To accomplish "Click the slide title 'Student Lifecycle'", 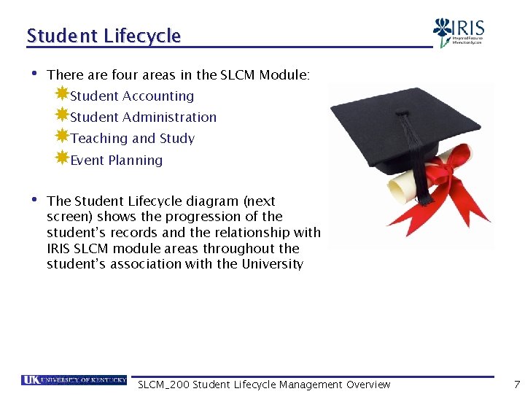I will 104,36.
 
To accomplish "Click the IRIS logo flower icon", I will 443,31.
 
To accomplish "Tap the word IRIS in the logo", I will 468,28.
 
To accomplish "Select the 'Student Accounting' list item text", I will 132,96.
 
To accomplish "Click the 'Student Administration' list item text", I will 143,117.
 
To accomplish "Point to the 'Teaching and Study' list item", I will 132,139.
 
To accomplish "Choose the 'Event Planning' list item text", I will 116,161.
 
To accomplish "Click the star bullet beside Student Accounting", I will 62,93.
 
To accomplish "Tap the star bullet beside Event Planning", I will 62,158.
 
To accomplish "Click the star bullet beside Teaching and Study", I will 62,136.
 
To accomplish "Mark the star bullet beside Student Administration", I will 62,115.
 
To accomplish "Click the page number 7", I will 517,385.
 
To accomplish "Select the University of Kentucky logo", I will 74,380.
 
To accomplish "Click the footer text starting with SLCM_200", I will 264,385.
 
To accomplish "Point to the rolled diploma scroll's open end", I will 398,189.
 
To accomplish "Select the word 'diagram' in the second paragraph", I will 217,201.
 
